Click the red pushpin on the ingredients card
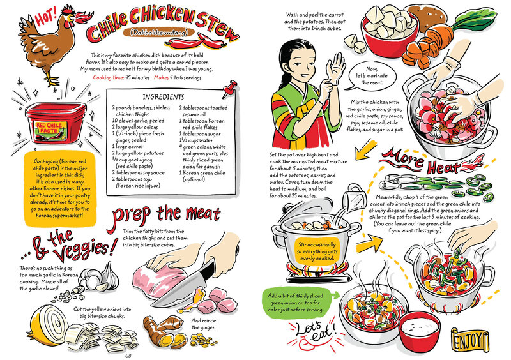click(230, 89)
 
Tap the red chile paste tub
click(56, 123)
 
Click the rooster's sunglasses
click(68, 11)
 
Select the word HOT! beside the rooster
click(46, 17)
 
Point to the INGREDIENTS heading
click(164, 97)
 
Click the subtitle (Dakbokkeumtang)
click(159, 33)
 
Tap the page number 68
click(128, 356)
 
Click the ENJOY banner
click(470, 340)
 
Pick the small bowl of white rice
click(420, 329)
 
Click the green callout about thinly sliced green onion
click(297, 303)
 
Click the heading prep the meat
click(166, 214)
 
